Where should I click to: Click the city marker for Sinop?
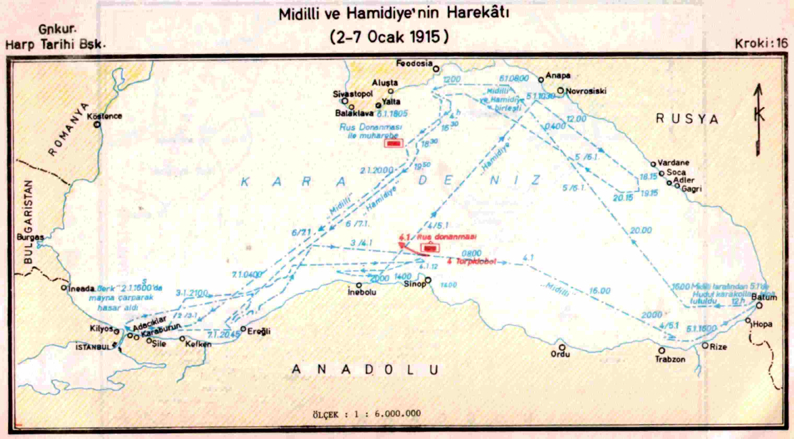428,280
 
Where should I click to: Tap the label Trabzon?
670,359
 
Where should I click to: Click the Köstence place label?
104,116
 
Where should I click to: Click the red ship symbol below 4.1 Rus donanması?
430,248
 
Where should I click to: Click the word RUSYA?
687,119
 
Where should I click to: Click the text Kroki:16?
761,43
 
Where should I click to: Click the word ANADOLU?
365,370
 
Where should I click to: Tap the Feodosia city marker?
436,69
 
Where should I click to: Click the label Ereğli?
259,331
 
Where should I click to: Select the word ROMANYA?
68,130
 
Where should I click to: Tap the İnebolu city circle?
358,285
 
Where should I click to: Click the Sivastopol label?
353,94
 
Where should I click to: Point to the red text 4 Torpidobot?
472,262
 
